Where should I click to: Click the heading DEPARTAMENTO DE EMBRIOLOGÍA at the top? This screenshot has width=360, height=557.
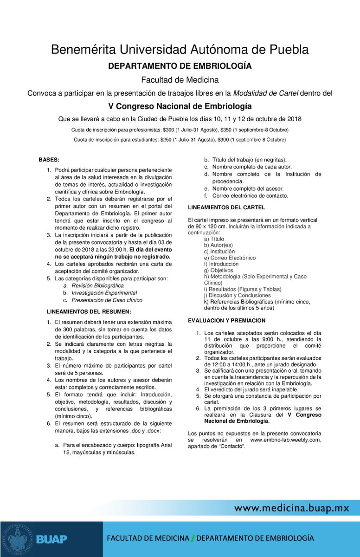click(180, 66)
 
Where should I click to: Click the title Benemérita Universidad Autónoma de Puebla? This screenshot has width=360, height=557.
click(180, 49)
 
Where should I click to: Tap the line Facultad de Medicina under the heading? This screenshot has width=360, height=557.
click(180, 80)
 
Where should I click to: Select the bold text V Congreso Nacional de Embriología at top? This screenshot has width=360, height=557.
click(180, 106)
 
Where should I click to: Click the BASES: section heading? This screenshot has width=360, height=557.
click(49, 159)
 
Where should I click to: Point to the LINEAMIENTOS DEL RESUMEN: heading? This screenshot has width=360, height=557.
click(89, 311)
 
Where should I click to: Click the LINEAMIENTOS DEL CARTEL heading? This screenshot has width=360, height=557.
click(226, 207)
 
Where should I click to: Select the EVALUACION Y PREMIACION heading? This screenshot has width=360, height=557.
click(226, 320)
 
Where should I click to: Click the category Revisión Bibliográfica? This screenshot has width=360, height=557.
click(97, 286)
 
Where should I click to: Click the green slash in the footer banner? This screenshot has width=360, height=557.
click(193, 538)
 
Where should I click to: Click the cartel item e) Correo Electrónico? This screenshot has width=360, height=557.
click(230, 258)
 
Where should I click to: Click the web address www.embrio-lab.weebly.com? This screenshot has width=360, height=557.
click(285, 440)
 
